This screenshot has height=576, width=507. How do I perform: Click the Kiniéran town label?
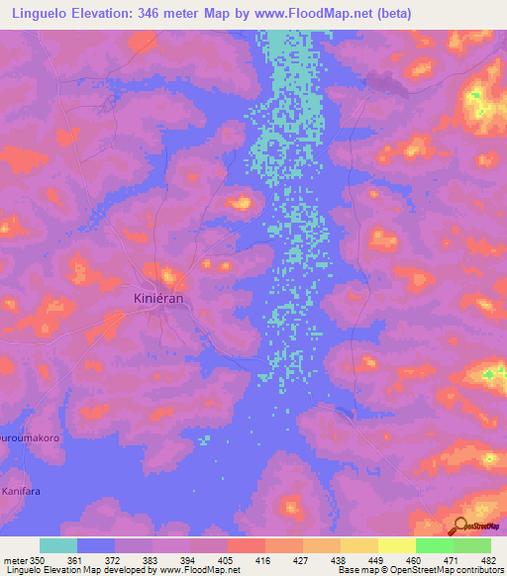coord(160,297)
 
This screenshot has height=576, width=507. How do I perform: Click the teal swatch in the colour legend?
coord(58,545)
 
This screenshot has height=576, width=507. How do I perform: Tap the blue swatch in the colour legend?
coord(96,545)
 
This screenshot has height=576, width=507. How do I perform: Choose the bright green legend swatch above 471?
coord(435,545)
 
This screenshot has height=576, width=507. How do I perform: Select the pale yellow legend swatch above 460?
coord(397,545)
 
